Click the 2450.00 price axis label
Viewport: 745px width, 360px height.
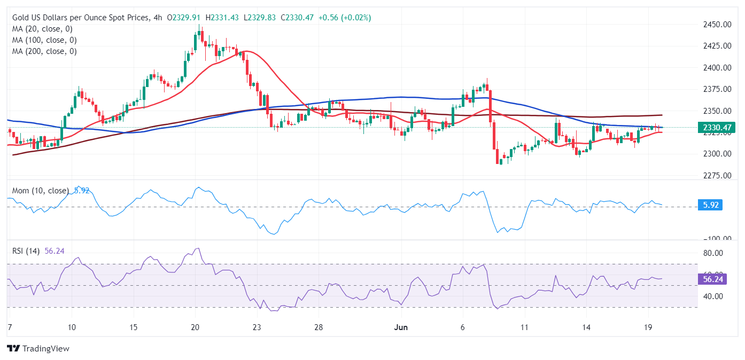coord(717,25)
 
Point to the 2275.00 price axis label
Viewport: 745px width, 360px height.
coord(717,175)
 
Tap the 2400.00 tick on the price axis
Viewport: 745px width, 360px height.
coord(717,68)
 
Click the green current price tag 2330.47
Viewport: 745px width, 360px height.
coord(717,127)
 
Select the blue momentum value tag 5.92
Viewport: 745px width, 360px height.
coord(710,205)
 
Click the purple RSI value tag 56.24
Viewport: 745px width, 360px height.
coord(712,279)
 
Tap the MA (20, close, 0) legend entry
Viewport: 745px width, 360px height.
coord(42,29)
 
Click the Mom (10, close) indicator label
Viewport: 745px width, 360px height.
coord(41,191)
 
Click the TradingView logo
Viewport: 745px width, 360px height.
coord(38,349)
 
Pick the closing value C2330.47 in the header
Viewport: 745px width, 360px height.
coord(296,18)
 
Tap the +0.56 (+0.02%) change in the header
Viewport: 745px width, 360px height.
coord(345,18)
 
